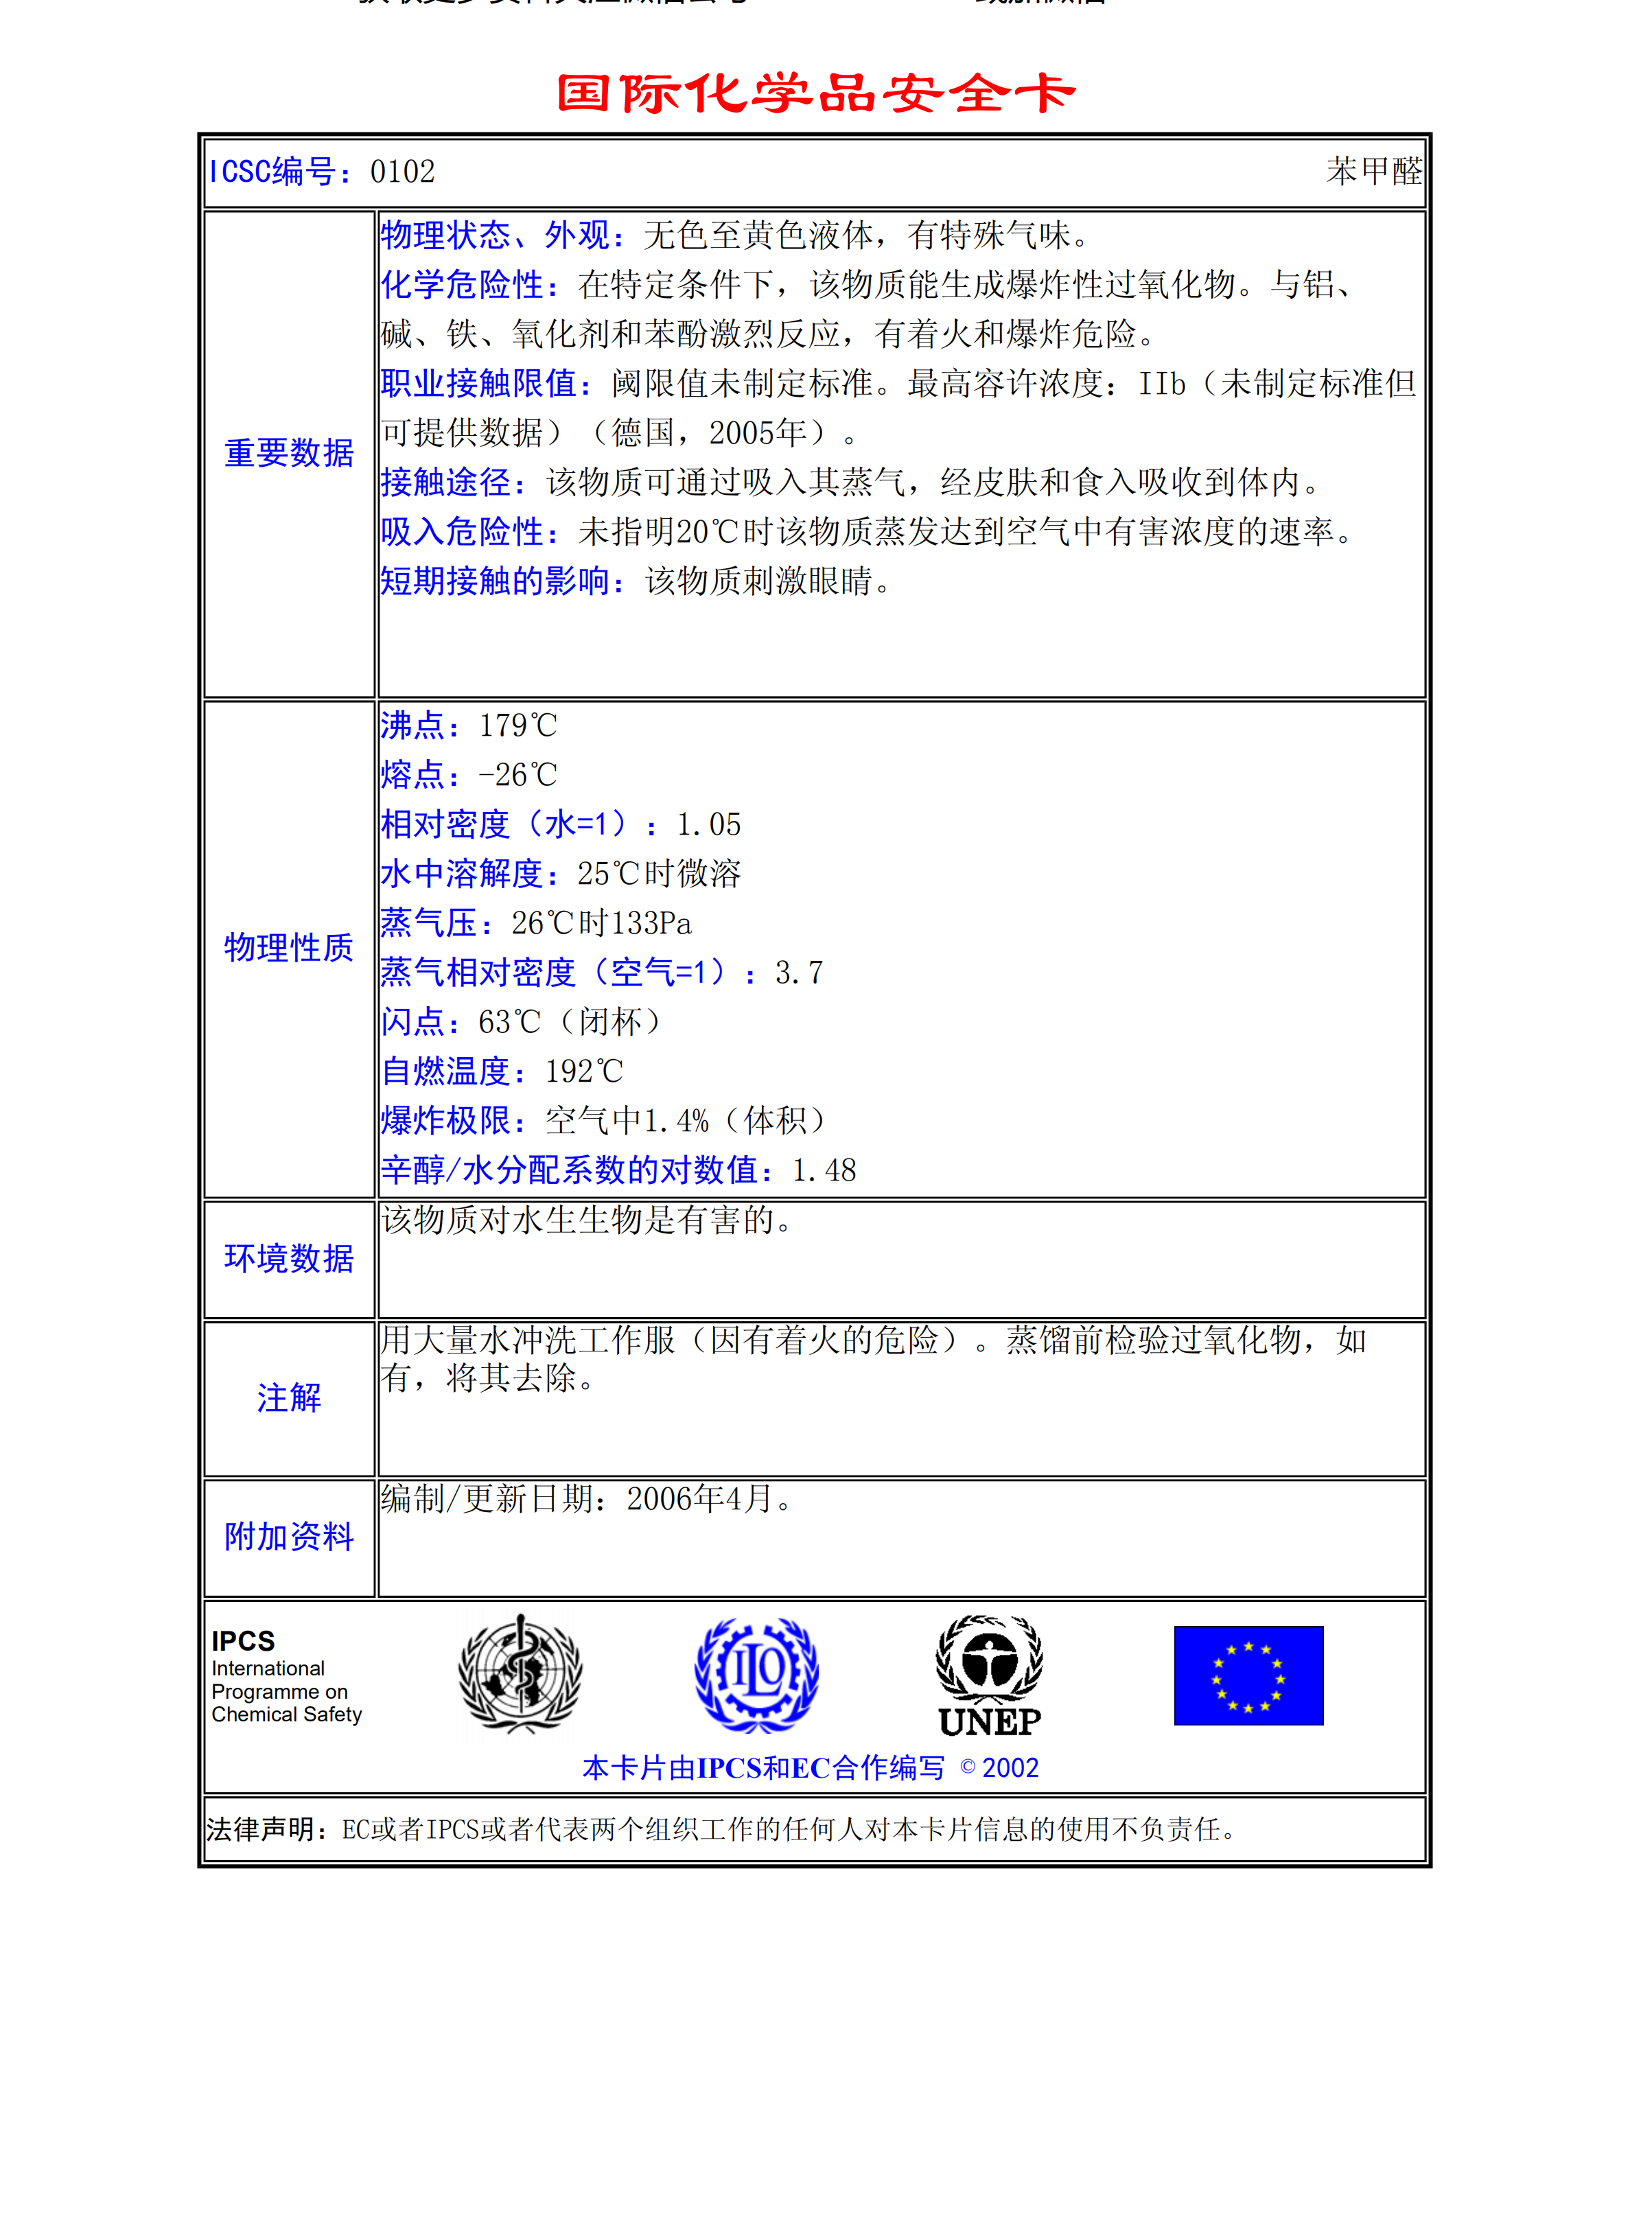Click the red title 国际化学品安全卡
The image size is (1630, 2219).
(x=815, y=94)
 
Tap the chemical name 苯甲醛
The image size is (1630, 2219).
(x=1373, y=172)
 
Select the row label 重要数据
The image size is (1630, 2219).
(x=289, y=453)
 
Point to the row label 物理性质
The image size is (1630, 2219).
(x=289, y=947)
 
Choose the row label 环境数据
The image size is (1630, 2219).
(x=289, y=1258)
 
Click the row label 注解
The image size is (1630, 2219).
(x=289, y=1397)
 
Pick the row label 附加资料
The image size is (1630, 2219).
(x=289, y=1536)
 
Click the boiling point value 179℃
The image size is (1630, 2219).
(x=518, y=726)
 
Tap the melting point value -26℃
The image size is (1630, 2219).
(x=518, y=776)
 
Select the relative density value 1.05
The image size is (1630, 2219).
(x=708, y=825)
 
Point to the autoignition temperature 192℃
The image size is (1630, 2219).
(x=584, y=1071)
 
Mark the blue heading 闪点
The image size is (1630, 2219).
(x=412, y=1022)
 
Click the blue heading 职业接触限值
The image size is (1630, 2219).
(x=478, y=384)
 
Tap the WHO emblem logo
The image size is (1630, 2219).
(x=520, y=1673)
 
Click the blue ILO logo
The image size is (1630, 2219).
(x=757, y=1674)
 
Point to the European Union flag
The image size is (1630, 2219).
(x=1248, y=1675)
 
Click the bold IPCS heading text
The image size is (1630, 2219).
(x=243, y=1641)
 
